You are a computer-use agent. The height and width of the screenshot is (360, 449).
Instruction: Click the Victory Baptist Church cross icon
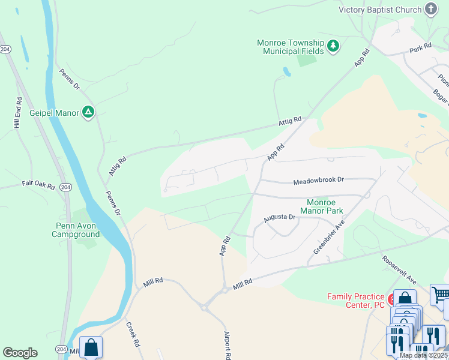coord(430,9)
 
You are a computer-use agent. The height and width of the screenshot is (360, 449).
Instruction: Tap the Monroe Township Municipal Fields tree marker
coord(333,46)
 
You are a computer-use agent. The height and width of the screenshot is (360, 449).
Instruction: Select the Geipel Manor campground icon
coord(88,112)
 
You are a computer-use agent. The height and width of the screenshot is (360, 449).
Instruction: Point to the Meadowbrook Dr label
coord(318,180)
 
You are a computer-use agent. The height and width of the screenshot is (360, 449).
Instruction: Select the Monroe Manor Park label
coord(324,207)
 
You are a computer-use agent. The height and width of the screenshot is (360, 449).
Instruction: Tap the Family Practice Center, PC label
coord(355,301)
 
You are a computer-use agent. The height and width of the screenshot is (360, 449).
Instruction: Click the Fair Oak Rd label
coord(38,182)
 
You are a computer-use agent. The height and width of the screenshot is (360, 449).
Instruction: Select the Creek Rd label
coord(133,335)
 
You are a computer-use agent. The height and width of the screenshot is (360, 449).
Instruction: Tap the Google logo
coord(20,353)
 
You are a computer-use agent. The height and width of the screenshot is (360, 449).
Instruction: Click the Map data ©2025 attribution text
coord(423,355)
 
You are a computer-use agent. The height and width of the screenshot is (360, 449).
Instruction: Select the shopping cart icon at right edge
coord(441,294)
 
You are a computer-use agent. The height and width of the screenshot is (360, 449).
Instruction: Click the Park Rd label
coord(420,46)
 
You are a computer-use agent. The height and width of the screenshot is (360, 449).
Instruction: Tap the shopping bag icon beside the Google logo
coord(91,347)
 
